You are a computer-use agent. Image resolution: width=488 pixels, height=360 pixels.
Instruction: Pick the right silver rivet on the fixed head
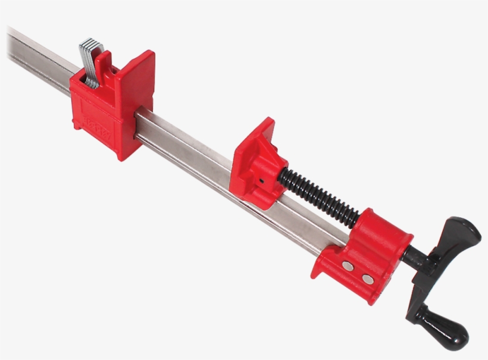pyautogui.click(x=367, y=278)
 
